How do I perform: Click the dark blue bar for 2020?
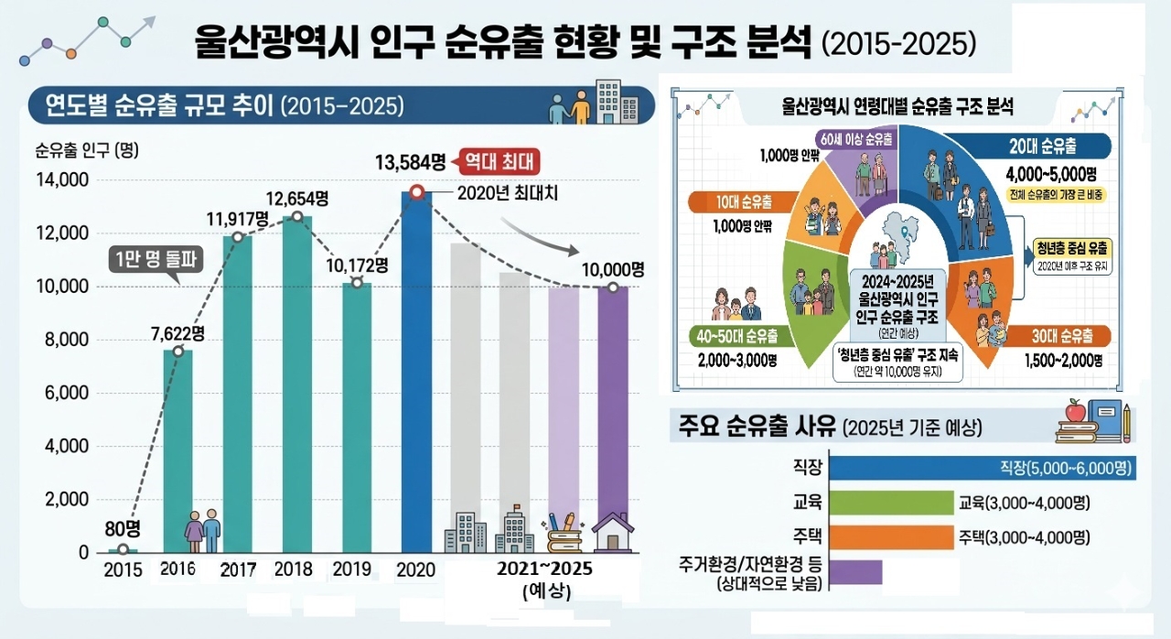(416, 366)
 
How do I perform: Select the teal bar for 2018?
(297, 384)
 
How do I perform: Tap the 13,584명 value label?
(410, 164)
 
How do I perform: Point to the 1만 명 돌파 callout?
(156, 260)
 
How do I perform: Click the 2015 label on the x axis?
(123, 569)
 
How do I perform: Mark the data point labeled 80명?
(123, 549)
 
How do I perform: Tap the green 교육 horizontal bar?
(891, 503)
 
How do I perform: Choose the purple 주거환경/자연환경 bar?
(855, 571)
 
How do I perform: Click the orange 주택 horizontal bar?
(891, 536)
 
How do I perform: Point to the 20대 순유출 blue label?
(1051, 146)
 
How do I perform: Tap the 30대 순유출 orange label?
(1062, 336)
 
